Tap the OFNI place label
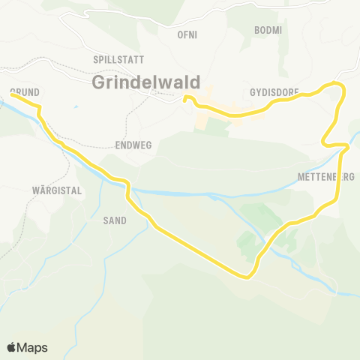pyautogui.click(x=186, y=34)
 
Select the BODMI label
pyautogui.click(x=268, y=30)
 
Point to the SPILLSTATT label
pyautogui.click(x=117, y=58)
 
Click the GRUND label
pyautogui.click(x=25, y=91)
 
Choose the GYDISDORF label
pyautogui.click(x=274, y=92)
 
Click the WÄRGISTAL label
pyautogui.click(x=57, y=190)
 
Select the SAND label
pyautogui.click(x=115, y=220)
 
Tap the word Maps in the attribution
pyautogui.click(x=34, y=347)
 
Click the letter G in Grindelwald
pyautogui.click(x=98, y=82)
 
